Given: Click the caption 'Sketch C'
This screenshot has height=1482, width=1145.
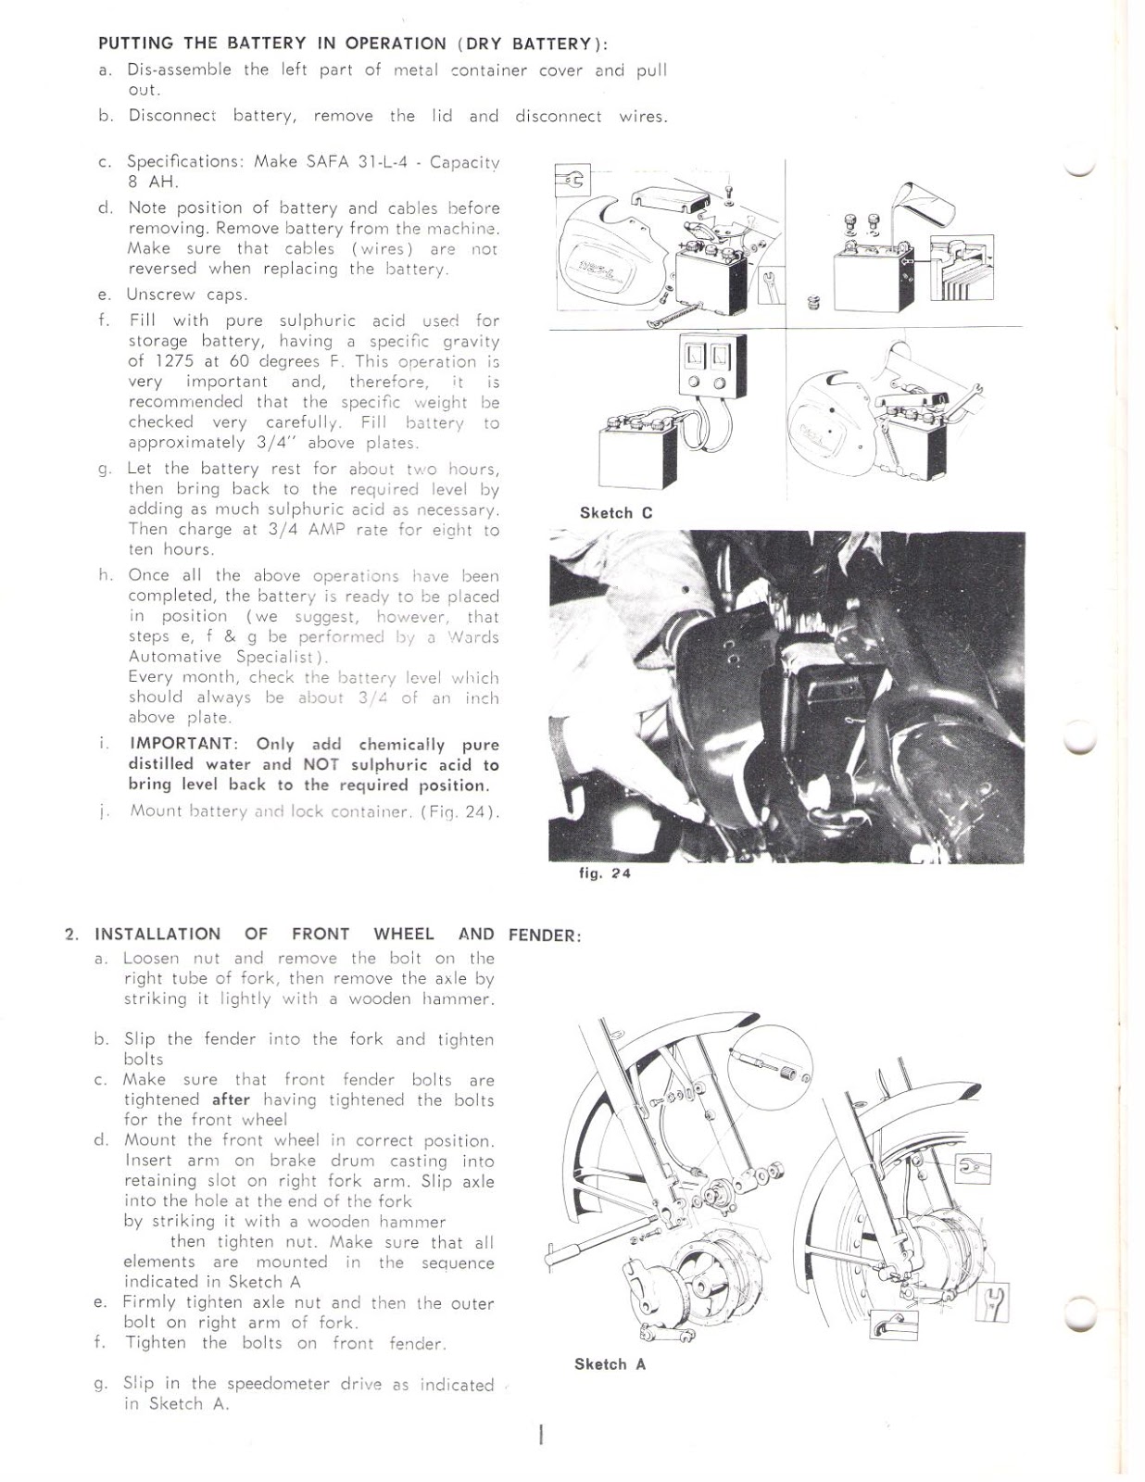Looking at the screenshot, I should click(x=616, y=513).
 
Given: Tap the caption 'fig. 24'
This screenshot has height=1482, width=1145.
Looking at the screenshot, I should click(x=604, y=873).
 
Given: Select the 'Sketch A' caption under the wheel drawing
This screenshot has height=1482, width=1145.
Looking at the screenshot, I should click(x=610, y=1364).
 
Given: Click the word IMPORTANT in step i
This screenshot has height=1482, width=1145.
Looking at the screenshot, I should click(x=182, y=744).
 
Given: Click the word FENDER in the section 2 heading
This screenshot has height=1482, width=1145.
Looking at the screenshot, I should click(x=544, y=936).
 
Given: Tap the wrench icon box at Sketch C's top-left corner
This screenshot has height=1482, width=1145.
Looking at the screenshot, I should click(x=571, y=181).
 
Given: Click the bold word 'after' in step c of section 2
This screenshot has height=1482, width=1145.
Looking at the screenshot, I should click(x=231, y=1100).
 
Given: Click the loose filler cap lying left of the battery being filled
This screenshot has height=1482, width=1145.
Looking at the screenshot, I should click(x=814, y=303).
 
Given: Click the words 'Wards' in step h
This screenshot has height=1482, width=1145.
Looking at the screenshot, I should click(x=473, y=637).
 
